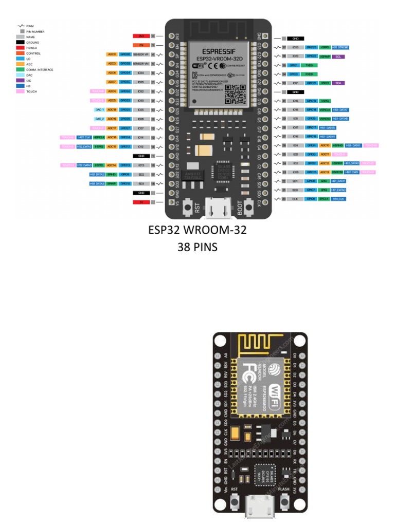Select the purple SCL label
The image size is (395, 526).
coord(338,56)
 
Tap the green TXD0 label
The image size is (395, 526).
coord(309,65)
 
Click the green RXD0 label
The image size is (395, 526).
coord(309,74)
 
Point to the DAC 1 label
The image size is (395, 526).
coord(99,109)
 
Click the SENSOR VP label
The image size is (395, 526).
coord(140,54)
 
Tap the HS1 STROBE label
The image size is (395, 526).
coord(341,47)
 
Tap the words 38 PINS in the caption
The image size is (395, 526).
coord(197,247)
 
